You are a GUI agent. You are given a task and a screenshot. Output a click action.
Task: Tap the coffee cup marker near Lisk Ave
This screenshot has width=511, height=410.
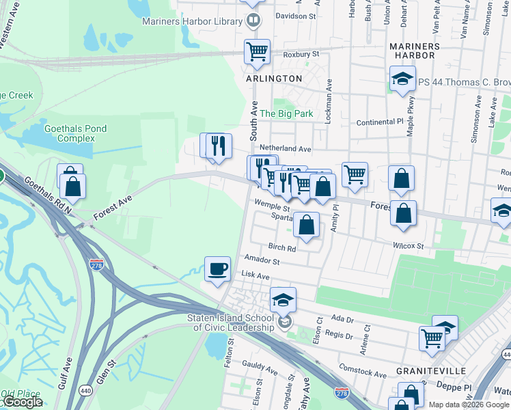[218, 268]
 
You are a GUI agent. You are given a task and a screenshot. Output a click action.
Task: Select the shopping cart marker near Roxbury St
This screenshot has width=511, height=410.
[257, 51]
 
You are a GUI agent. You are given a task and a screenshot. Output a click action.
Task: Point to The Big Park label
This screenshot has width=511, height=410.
[286, 113]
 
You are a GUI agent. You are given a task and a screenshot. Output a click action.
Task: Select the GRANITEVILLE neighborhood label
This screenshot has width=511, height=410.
[430, 370]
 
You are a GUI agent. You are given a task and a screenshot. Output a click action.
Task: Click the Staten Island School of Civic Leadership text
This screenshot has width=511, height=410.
[230, 323]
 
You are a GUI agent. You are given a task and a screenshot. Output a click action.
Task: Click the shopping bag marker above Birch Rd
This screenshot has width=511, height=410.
[307, 224]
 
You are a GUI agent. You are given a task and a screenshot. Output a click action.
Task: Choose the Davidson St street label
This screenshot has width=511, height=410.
[296, 15]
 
